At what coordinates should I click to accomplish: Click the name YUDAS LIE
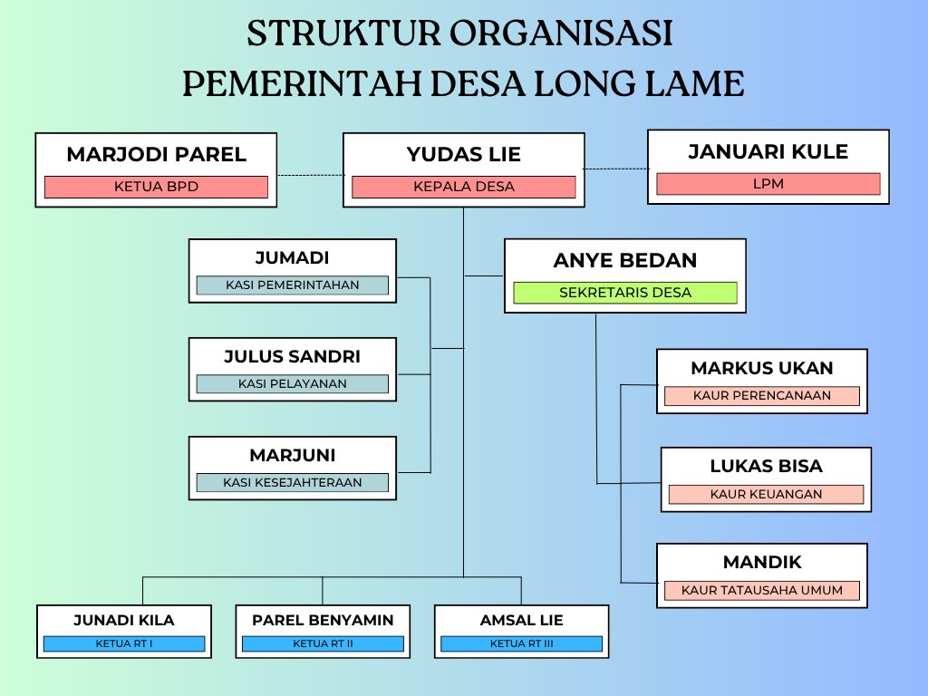pyautogui.click(x=463, y=154)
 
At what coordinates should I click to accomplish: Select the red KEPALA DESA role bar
pyautogui.click(x=463, y=187)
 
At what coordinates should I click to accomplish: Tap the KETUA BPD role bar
pyautogui.click(x=156, y=187)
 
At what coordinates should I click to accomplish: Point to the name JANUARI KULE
pyautogui.click(x=768, y=151)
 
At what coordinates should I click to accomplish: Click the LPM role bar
pyautogui.click(x=768, y=184)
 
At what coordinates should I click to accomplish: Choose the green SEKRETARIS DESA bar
pyautogui.click(x=624, y=293)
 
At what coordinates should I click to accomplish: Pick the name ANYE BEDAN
pyautogui.click(x=624, y=261)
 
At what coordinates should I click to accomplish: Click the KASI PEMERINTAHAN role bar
pyautogui.click(x=292, y=285)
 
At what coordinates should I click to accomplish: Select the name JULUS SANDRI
pyautogui.click(x=292, y=356)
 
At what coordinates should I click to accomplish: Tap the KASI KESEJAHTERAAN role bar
pyautogui.click(x=292, y=483)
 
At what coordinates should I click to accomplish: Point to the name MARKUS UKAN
pyautogui.click(x=761, y=368)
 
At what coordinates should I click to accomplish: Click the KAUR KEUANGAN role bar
pyautogui.click(x=766, y=495)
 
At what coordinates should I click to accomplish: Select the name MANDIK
pyautogui.click(x=761, y=563)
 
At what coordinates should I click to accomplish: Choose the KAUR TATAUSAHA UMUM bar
pyautogui.click(x=761, y=591)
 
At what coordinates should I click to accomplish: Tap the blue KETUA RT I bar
pyautogui.click(x=124, y=644)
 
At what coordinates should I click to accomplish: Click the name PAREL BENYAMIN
pyautogui.click(x=323, y=621)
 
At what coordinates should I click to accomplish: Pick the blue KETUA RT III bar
pyautogui.click(x=521, y=644)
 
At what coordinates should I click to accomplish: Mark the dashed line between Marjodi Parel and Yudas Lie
pyautogui.click(x=310, y=175)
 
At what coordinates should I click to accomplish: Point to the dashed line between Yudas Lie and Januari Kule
pyautogui.click(x=615, y=169)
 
